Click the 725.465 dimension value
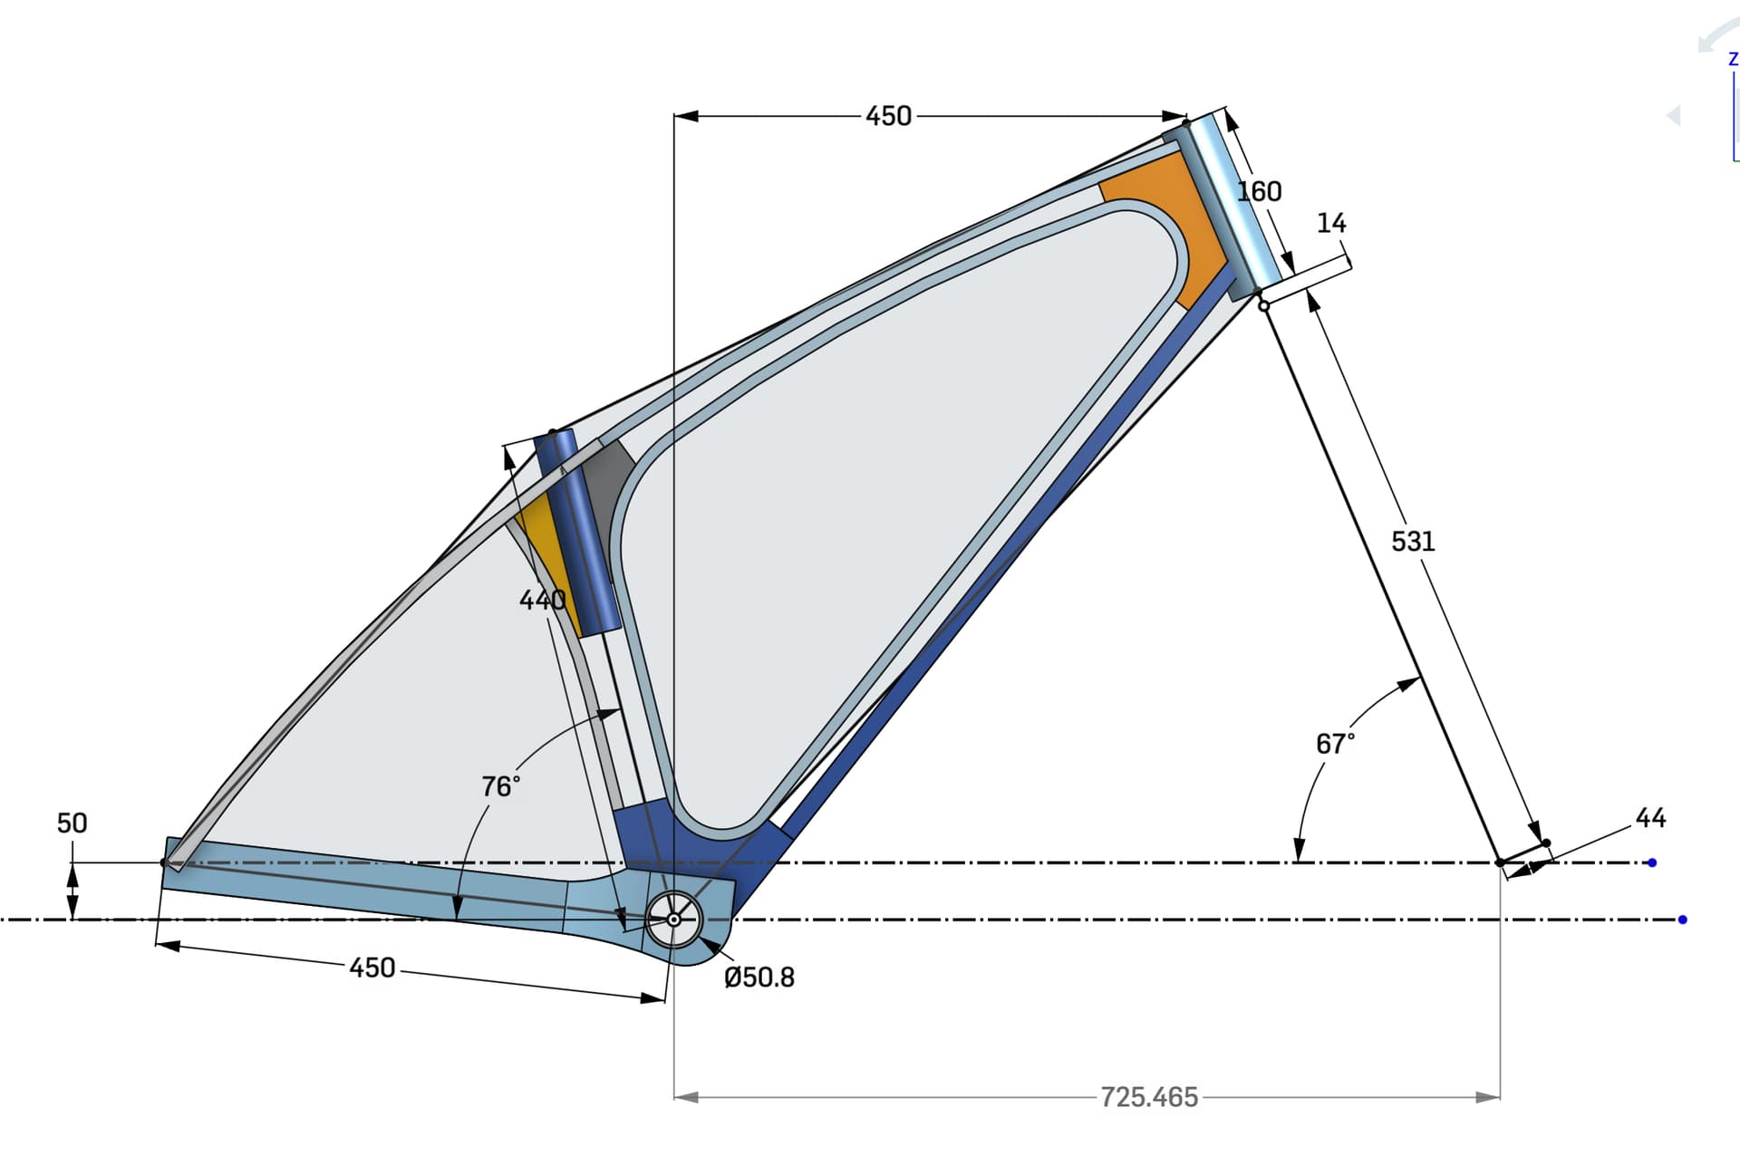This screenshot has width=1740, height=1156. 1149,1097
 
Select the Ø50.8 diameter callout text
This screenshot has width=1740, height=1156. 759,978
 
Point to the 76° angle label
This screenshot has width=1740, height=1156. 501,785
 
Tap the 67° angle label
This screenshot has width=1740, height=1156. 1336,744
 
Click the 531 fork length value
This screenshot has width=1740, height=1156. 1413,542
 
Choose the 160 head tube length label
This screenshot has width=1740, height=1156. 1260,191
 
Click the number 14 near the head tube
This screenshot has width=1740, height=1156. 1331,223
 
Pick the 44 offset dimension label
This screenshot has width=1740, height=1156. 1650,818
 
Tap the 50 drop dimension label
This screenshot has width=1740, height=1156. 72,823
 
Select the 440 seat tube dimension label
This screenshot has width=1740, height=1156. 542,600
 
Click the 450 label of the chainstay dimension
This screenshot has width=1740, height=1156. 372,968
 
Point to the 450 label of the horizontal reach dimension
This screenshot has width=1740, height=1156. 888,116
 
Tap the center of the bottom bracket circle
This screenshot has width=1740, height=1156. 673,920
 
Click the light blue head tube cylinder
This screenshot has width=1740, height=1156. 1232,199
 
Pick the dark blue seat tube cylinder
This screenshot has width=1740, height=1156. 578,533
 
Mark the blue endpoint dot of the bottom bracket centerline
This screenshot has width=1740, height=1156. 1683,920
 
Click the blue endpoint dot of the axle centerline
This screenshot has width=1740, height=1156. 1652,862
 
